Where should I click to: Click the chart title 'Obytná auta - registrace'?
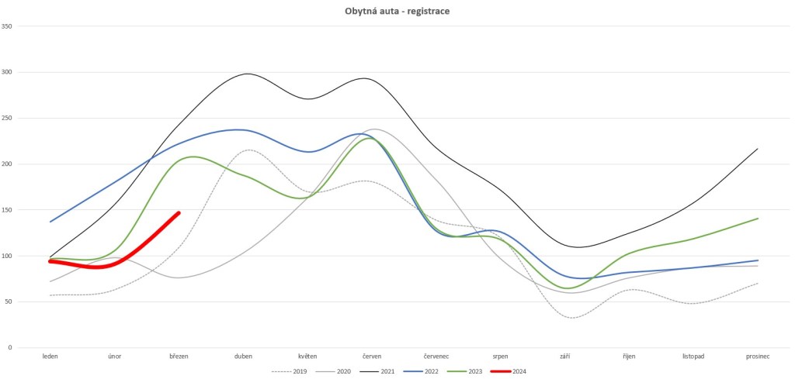click(x=397, y=11)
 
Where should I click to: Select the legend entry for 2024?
click(x=509, y=372)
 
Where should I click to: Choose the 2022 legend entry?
click(x=421, y=372)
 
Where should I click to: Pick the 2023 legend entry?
click(x=465, y=372)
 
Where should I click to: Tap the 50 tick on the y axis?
click(x=8, y=301)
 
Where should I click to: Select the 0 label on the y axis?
click(x=10, y=348)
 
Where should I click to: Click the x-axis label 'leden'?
click(x=50, y=357)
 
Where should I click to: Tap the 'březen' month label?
click(x=179, y=357)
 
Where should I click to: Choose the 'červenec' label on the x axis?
click(x=436, y=357)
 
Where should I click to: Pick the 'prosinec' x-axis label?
click(x=758, y=357)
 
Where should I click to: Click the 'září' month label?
click(x=565, y=357)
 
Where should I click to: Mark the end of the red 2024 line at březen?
click(x=179, y=213)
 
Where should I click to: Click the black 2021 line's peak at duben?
click(x=247, y=74)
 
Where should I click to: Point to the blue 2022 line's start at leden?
click(x=50, y=222)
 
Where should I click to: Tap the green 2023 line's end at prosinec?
click(x=758, y=218)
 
